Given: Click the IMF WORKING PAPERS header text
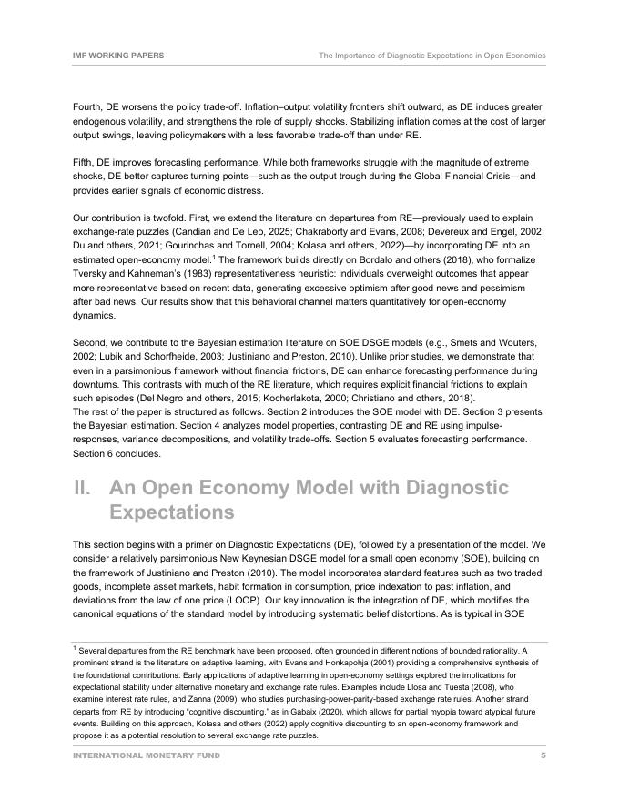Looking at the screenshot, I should pyautogui.click(x=118, y=56).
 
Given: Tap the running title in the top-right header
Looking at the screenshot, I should pyautogui.click(x=431, y=56).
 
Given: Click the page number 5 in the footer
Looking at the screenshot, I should pyautogui.click(x=543, y=755).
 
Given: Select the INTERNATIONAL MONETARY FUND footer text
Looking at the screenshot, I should pyautogui.click(x=146, y=755).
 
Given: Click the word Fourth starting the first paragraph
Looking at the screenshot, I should pyautogui.click(x=88, y=106).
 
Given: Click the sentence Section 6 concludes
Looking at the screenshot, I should pyautogui.click(x=118, y=453).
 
